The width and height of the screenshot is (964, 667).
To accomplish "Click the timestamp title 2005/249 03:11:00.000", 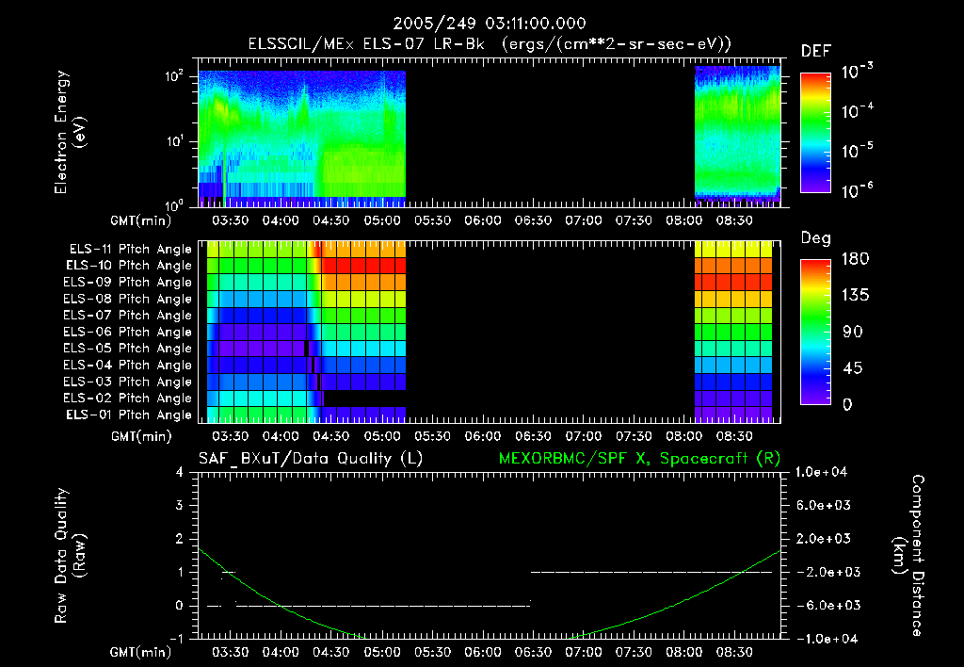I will tap(481, 23).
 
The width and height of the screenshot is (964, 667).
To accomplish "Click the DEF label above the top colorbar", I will tap(815, 51).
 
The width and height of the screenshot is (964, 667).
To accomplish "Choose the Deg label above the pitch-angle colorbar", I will tap(815, 238).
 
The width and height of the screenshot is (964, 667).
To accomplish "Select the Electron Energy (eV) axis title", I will tap(70, 135).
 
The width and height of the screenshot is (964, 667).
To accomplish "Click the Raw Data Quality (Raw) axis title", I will tap(70, 555).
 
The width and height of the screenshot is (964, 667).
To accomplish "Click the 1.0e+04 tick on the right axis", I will tap(824, 472).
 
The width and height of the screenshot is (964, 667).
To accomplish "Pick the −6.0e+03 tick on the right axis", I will tap(824, 605).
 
